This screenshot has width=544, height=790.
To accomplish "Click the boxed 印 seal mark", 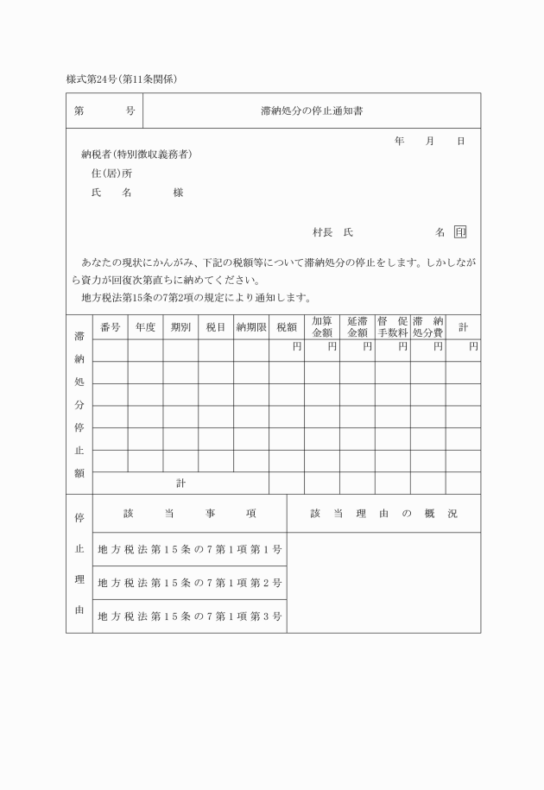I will click(x=460, y=232).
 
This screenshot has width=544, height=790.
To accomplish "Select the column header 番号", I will click(x=110, y=327).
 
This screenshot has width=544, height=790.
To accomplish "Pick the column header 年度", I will click(x=145, y=327).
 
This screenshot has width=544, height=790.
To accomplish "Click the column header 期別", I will click(x=180, y=327).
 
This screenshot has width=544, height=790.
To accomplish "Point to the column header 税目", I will click(x=216, y=327).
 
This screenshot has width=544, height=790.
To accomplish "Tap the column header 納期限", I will click(x=250, y=327).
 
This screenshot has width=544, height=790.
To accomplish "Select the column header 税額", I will click(x=286, y=327).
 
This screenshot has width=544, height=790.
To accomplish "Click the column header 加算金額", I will click(x=321, y=327).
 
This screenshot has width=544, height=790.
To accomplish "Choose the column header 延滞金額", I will click(x=357, y=327).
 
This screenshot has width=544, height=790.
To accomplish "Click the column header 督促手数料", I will click(x=392, y=327).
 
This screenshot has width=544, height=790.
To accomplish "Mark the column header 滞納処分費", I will click(x=427, y=327).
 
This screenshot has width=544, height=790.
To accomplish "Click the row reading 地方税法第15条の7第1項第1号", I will click(x=190, y=549).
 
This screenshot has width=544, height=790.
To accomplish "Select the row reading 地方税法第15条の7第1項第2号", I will click(x=190, y=583).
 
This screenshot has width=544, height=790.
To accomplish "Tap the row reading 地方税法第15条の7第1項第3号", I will click(x=190, y=616).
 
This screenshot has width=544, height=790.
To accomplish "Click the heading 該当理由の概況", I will click(x=383, y=514).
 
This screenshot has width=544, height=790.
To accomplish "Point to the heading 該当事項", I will click(x=190, y=514).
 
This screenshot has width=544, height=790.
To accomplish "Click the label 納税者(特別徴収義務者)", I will click(x=136, y=155).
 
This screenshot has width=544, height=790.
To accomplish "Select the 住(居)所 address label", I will click(x=111, y=174).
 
